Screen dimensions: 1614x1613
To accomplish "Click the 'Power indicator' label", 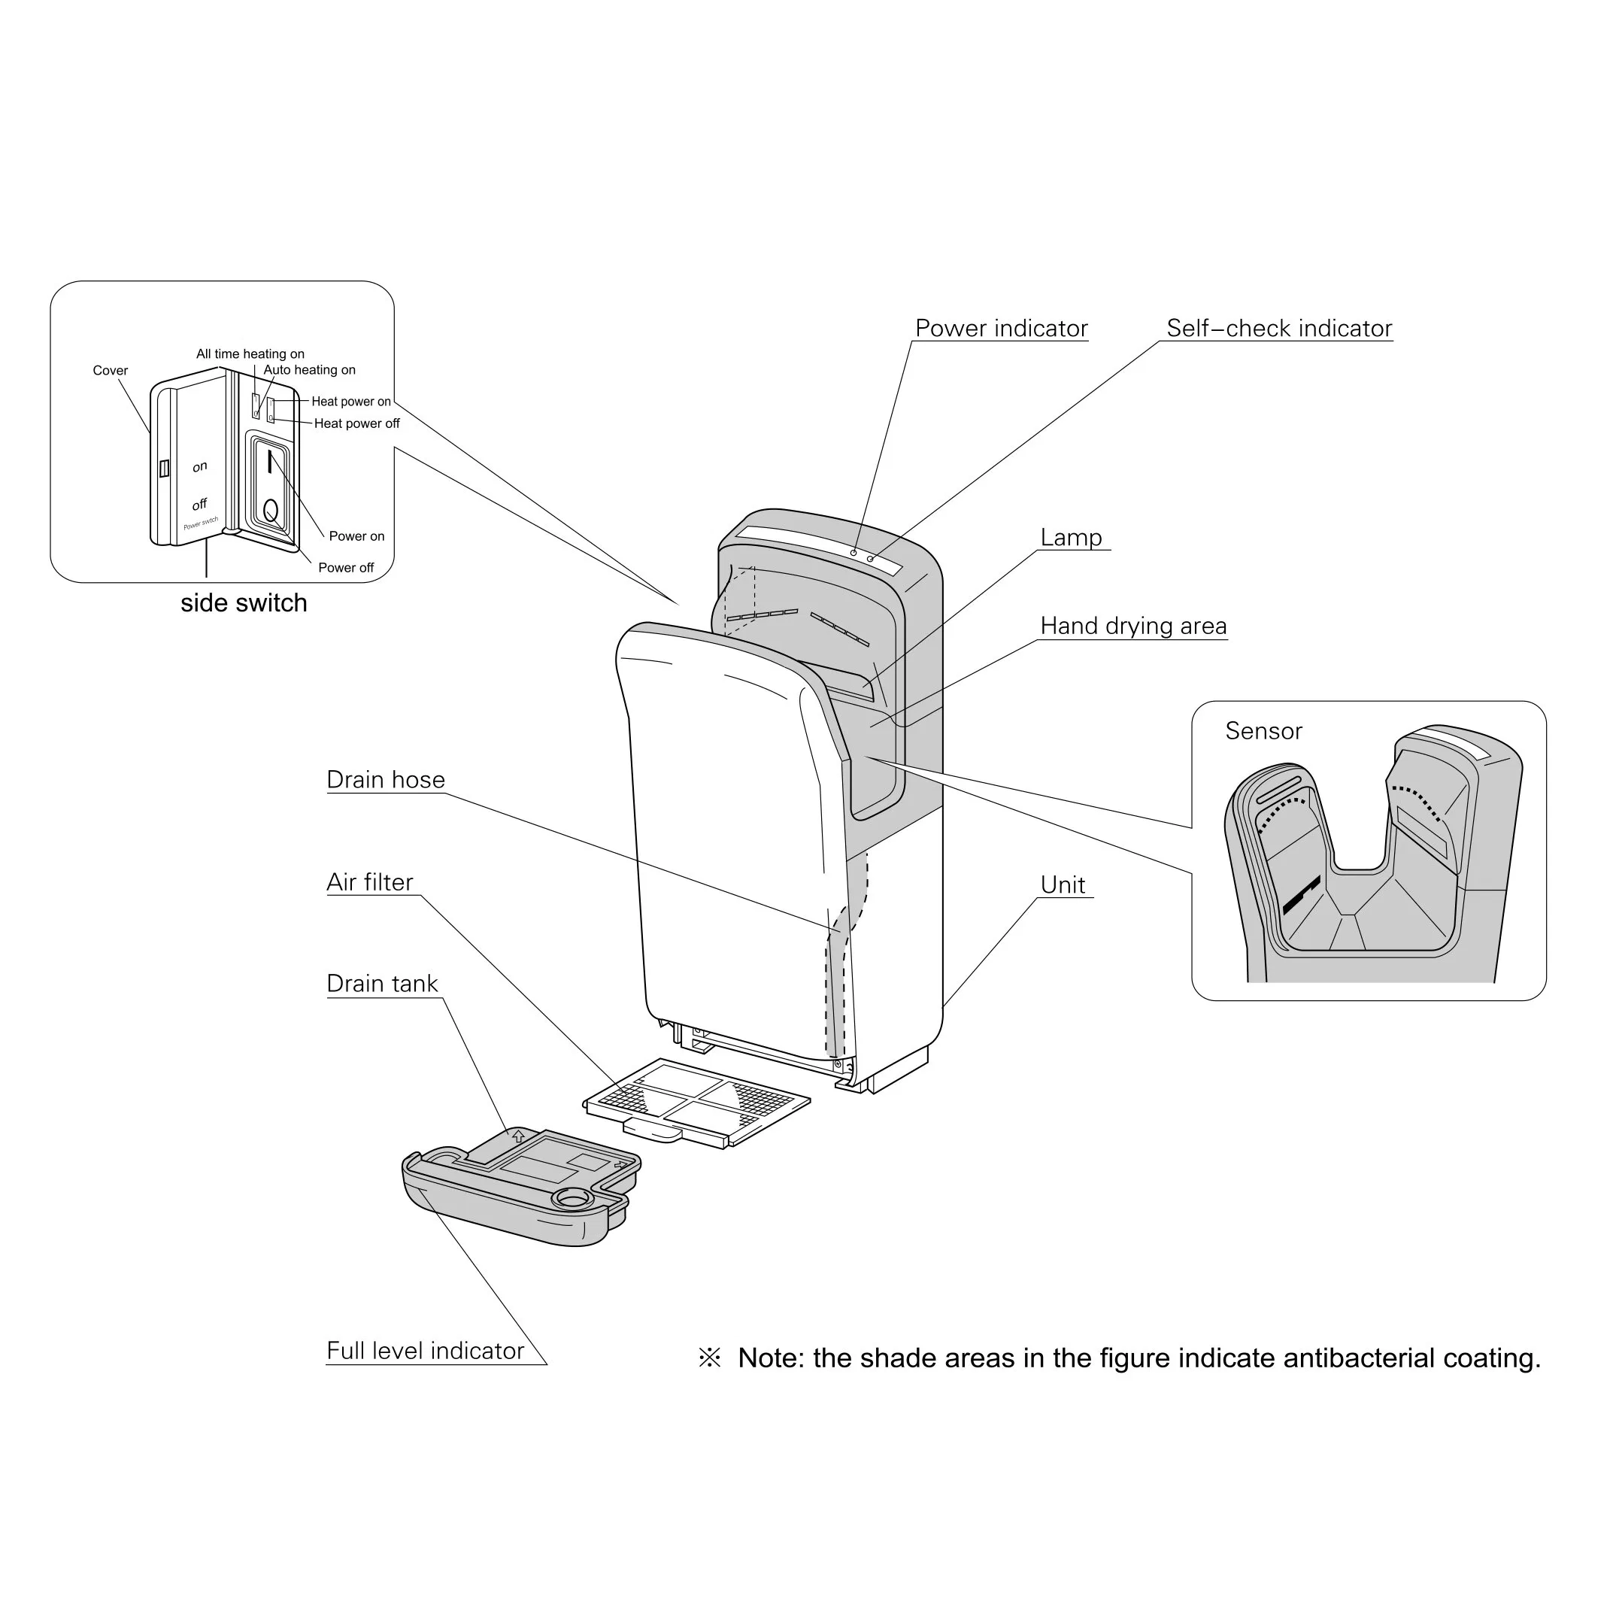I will point(1001,329).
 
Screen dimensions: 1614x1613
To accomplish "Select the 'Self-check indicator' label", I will point(1279,329).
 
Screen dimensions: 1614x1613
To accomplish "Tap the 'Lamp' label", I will point(1071,537).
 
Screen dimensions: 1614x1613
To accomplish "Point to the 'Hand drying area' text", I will point(1132,626).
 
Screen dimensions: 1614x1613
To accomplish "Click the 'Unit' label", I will point(1063,884).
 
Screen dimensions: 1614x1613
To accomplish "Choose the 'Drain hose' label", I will point(385,779).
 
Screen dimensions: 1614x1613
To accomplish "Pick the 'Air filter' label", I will point(369,882).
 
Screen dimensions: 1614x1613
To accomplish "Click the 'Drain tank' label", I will point(382,983).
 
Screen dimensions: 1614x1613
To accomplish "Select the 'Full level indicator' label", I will point(425,1351).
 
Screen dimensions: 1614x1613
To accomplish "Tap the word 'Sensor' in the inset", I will point(1263,731).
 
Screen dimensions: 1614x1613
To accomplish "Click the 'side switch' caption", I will point(244,603).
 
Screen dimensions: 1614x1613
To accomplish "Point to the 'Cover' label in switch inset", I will point(111,371).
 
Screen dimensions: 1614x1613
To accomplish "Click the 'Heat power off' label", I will point(356,423).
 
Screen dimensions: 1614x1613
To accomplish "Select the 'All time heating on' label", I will point(250,354).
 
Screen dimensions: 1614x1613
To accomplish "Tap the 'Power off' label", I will point(346,568).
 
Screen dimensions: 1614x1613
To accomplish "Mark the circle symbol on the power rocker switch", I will point(271,508).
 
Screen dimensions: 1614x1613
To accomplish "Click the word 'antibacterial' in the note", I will point(1359,1358).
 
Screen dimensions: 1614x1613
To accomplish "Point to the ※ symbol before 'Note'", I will point(709,1358).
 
